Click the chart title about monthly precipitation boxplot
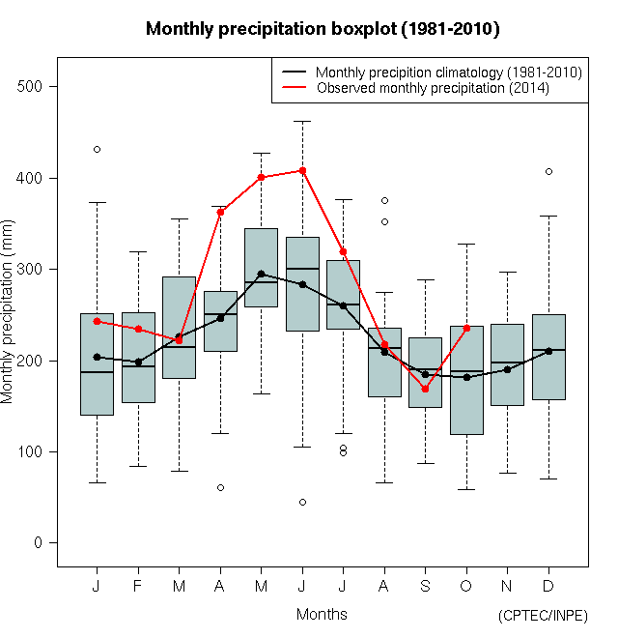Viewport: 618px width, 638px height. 323,29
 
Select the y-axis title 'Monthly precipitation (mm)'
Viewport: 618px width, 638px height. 9,324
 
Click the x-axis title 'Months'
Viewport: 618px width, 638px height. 322,614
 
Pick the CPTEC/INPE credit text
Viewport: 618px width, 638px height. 543,616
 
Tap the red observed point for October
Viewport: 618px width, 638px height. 466,328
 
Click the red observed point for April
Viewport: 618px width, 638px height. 220,212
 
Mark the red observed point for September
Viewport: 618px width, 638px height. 425,389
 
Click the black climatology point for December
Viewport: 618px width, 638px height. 548,351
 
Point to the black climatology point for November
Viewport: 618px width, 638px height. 507,369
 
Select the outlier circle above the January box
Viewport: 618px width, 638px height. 97,149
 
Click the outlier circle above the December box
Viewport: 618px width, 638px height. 548,171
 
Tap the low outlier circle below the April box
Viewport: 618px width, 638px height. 220,487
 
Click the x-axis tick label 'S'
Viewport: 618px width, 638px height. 425,586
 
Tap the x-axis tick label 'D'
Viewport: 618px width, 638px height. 548,586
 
